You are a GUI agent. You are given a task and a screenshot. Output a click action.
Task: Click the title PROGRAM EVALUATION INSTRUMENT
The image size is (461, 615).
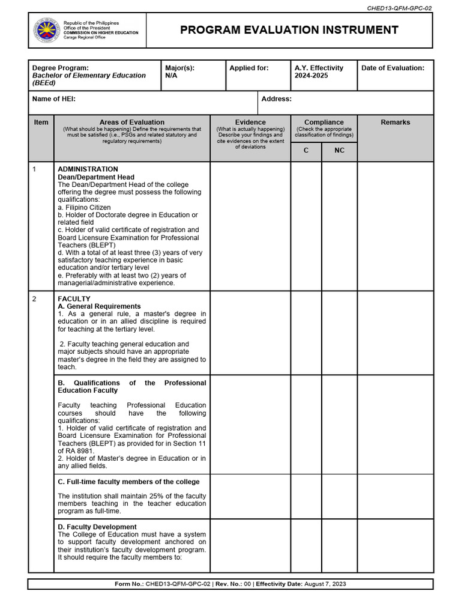289,30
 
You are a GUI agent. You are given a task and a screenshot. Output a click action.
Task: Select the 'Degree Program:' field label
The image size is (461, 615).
60,68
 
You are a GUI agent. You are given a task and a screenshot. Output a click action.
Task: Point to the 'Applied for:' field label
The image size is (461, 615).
249,68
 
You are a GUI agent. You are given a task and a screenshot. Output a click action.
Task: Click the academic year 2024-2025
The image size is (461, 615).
311,76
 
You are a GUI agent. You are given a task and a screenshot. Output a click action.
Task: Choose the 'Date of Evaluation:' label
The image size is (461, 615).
393,68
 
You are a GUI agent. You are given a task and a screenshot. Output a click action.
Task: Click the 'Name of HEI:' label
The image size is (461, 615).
53,98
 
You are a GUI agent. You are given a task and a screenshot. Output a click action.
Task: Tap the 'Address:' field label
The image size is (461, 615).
277,98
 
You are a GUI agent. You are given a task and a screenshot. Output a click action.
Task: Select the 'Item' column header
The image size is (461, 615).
41,123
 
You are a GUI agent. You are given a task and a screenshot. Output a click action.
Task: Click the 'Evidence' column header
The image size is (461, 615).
250,123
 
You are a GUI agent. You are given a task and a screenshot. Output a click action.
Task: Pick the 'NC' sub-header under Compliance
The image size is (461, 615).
339,151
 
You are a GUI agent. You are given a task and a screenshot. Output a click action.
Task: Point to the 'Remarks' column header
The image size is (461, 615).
395,123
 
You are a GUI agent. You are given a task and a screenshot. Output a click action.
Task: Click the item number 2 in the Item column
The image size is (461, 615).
35,299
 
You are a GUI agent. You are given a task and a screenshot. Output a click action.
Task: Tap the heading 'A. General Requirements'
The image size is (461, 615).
99,306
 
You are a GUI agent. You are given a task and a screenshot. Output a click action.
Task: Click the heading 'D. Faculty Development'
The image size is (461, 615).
97,527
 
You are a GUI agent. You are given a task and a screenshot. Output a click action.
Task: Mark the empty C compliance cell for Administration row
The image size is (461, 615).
306,226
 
